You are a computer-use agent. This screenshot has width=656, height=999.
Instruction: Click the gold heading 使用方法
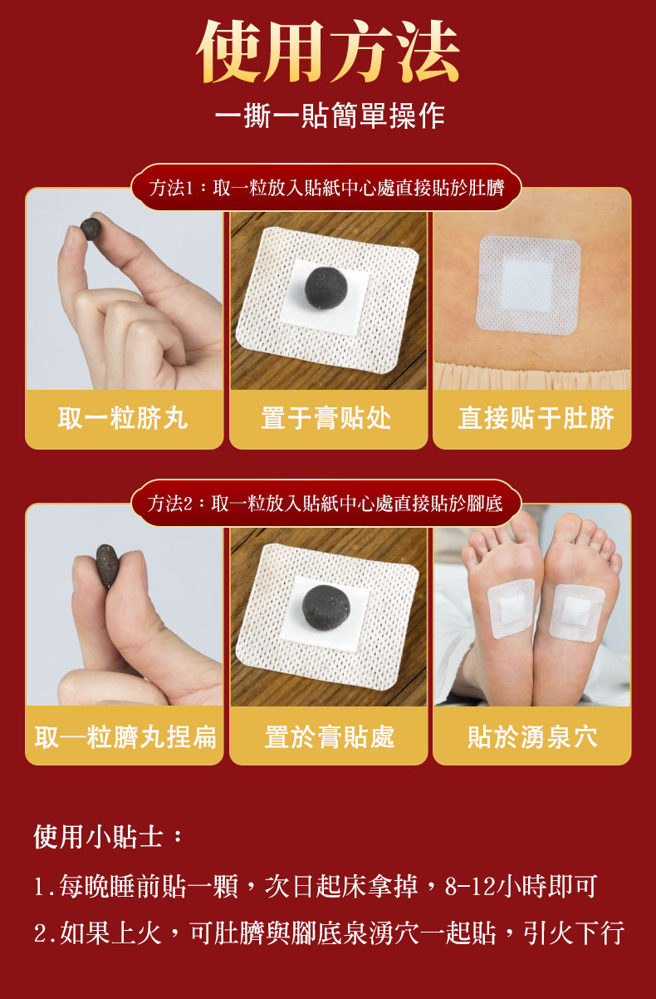point(328,52)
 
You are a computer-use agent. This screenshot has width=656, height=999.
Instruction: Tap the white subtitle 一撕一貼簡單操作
point(330,116)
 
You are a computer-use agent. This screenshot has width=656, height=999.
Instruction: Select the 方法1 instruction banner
point(326,187)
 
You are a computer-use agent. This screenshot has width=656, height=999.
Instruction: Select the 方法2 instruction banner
point(326,504)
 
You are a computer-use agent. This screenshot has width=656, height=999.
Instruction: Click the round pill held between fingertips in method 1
point(91,229)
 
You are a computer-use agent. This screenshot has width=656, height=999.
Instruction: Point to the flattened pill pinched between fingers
point(107,565)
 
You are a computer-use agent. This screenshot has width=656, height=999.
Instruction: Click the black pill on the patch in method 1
point(326,288)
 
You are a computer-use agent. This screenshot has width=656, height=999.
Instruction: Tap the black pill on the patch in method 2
point(326,607)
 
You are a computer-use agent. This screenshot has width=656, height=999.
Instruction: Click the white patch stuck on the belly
point(529,285)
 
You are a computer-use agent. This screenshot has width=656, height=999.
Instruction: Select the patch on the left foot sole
point(511,608)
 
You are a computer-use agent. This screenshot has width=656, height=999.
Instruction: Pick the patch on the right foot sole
point(576,613)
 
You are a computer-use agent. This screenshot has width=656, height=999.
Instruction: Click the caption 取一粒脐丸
point(123,418)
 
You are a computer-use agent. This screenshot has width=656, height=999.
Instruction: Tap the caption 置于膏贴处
point(326,418)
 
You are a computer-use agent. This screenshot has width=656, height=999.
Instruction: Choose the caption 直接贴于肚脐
point(536,418)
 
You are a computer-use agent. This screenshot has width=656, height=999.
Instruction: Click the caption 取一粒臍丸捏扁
point(125,736)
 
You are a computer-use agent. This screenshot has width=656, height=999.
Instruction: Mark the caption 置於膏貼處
point(330,736)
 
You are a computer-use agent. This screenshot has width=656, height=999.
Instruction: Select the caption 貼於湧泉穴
point(532,736)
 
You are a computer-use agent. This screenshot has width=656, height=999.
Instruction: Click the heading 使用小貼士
point(108,836)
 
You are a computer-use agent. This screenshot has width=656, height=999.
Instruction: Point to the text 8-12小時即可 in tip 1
point(521,886)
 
